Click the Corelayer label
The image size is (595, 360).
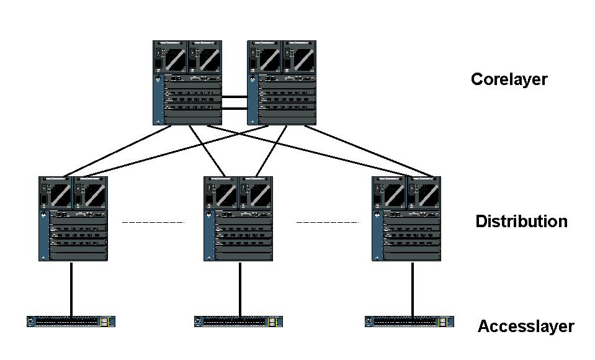509,79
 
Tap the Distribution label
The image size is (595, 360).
521,222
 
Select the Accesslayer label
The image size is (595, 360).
526,326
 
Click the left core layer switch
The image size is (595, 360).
187,83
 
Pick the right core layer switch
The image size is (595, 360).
282,83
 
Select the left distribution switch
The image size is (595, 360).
73,218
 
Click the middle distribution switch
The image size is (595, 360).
238,218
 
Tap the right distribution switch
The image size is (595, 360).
406,218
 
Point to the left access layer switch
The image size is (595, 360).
71,322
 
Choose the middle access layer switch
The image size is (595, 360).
238,322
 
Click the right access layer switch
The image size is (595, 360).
409,322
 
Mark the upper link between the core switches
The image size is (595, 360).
235,97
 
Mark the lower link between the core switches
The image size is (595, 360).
235,109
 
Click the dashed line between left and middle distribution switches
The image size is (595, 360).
153,222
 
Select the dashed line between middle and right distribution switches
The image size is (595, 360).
328,222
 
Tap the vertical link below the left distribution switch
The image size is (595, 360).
71,289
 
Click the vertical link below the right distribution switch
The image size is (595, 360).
411,289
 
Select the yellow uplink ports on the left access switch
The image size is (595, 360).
107,322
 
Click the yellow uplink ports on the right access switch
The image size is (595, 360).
444,322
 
